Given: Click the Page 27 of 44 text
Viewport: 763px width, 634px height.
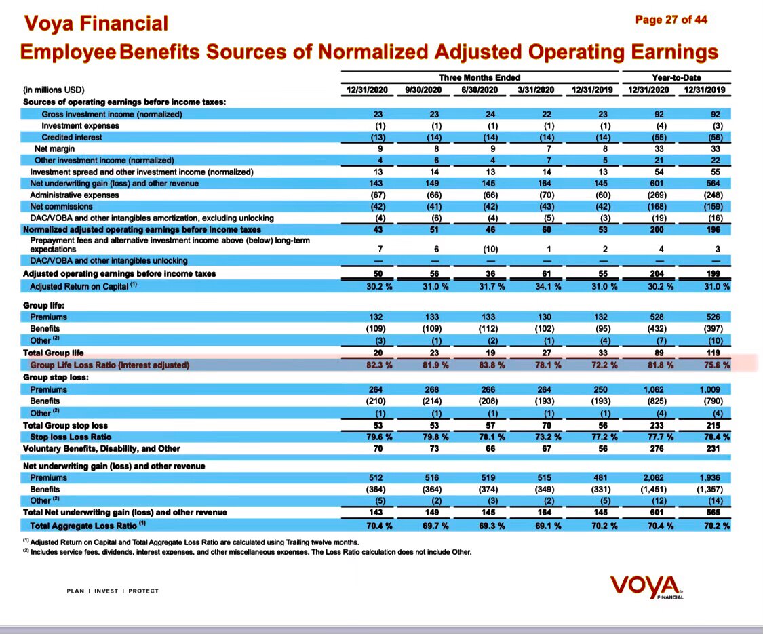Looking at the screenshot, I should tap(671, 20).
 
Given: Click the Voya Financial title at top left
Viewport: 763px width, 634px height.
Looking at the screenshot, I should tap(96, 24).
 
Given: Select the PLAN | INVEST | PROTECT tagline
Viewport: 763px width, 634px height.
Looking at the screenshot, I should tap(113, 591).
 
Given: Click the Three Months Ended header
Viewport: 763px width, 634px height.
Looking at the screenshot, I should tap(480, 77).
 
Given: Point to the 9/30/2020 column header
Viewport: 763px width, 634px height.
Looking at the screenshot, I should tap(423, 90).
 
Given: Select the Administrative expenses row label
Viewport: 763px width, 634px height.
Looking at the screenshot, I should tap(75, 195).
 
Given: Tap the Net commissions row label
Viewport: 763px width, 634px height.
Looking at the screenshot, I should tap(62, 206).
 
